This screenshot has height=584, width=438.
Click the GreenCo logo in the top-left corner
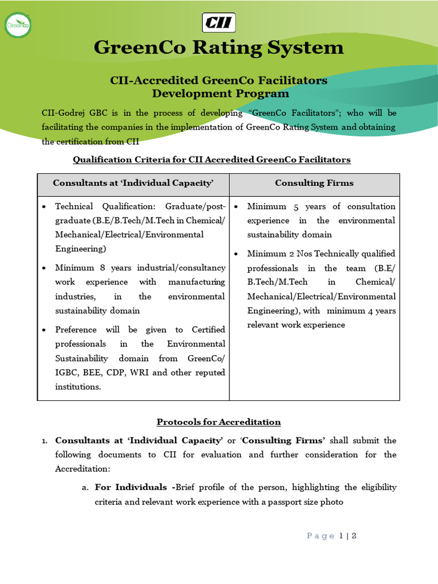pos(18,25)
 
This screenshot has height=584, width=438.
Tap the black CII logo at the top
pos(218,23)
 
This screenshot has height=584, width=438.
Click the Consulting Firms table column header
pos(314,183)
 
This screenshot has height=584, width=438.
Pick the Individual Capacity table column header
pos(133,183)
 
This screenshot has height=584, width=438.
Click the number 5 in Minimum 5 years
pos(296,206)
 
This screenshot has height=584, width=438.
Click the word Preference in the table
pos(76,330)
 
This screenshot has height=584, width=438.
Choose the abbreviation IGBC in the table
pos(66,372)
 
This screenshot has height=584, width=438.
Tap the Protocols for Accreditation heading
pos(218,422)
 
